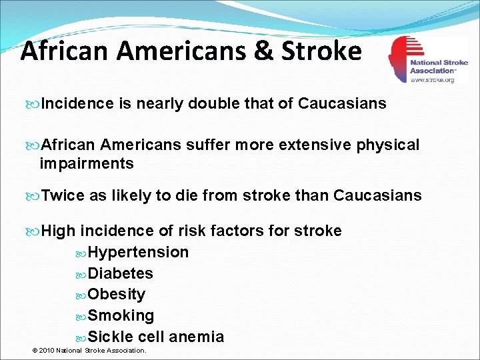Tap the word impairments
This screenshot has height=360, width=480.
[87, 163]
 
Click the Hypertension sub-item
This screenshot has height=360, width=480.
[139, 253]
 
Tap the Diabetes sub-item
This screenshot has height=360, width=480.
[121, 273]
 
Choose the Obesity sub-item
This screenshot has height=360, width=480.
[117, 295]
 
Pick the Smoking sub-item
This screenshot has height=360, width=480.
[121, 315]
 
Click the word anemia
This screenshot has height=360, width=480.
[197, 337]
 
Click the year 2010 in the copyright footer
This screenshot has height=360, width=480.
[47, 351]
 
